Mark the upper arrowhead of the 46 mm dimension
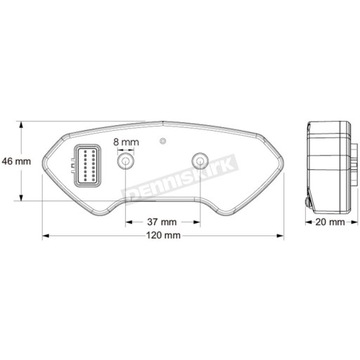coord(20,127)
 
